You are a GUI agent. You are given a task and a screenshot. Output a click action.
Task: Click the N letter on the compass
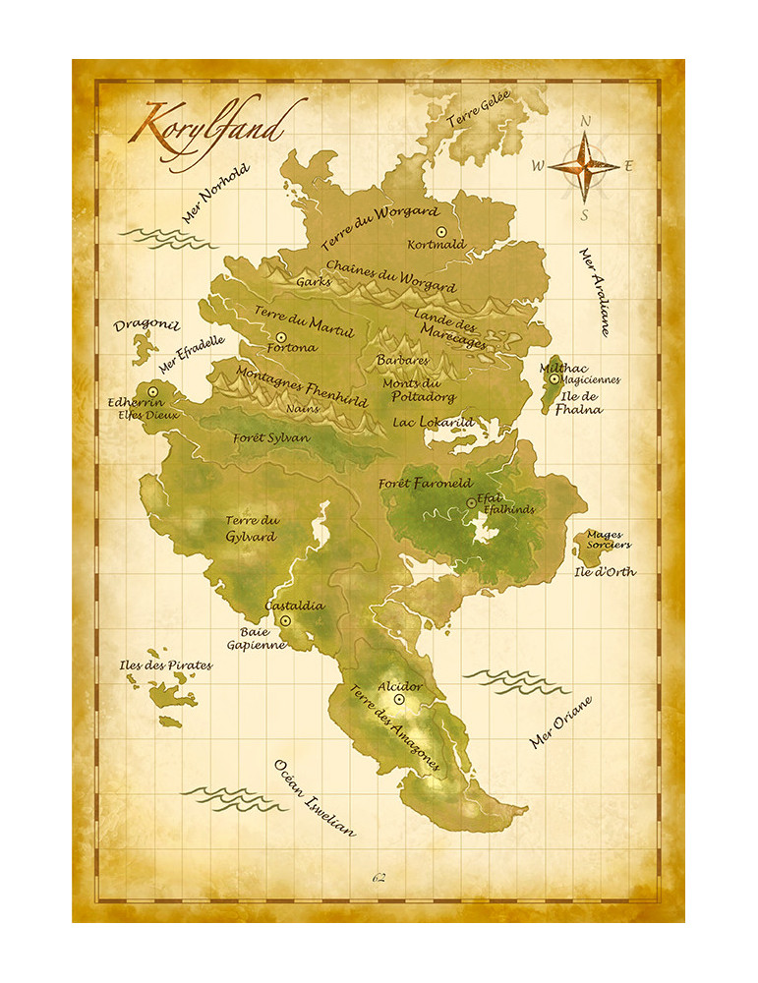click(585, 122)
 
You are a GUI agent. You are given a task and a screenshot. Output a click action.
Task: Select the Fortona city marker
click(282, 336)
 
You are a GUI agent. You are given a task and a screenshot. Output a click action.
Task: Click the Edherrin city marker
click(153, 391)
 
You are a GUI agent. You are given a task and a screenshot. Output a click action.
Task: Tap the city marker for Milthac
click(554, 378)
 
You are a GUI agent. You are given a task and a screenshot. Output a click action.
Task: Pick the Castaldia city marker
click(286, 621)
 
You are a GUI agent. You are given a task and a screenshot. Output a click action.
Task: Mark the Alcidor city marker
click(399, 699)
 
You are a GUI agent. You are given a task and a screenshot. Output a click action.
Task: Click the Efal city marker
click(471, 503)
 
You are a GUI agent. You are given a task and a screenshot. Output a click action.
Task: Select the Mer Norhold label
click(215, 194)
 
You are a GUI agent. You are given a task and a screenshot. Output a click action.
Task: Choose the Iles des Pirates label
click(164, 665)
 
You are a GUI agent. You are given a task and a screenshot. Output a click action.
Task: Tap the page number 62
click(379, 877)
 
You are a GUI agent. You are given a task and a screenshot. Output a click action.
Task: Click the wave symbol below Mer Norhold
click(158, 236)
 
